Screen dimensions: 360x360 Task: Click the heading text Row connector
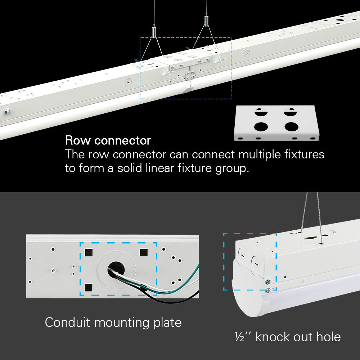(x=108, y=140)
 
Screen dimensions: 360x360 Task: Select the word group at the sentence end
(x=230, y=168)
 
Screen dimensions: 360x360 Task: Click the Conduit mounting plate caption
(x=113, y=322)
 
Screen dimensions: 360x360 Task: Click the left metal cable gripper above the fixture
(x=154, y=31)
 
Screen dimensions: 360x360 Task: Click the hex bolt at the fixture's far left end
(x=7, y=112)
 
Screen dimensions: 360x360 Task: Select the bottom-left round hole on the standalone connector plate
(x=259, y=127)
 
